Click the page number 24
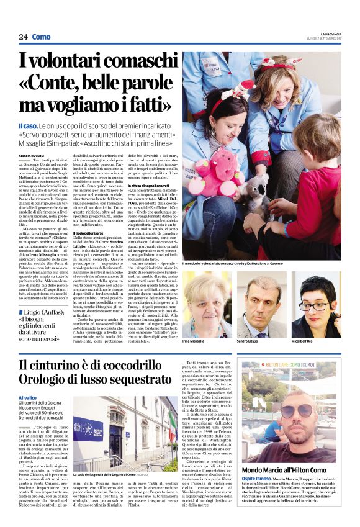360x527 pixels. pyautogui.click(x=23, y=37)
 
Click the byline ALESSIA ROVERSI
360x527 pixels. pyautogui.click(x=32, y=148)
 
